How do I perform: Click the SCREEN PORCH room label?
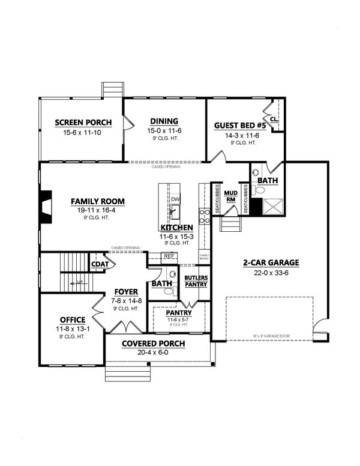(83, 123)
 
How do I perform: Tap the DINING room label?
(163, 121)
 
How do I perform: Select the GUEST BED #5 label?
(239, 126)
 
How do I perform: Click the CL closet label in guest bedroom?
(274, 120)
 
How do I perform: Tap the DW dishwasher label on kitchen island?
(175, 199)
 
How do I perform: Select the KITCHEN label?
(176, 228)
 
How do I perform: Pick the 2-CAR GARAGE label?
(271, 262)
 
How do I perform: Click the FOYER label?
(126, 292)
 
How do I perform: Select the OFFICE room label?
(72, 319)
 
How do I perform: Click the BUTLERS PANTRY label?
(196, 280)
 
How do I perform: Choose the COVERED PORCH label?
(153, 343)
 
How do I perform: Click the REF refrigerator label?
(169, 256)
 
